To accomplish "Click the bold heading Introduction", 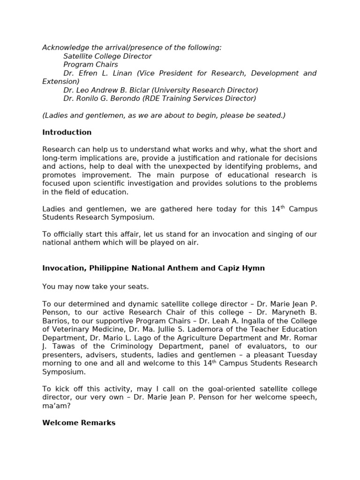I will coord(67,132).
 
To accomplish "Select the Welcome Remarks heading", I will coord(79,423).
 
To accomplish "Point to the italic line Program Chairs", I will coord(90,64).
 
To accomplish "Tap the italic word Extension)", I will coord(61,82).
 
